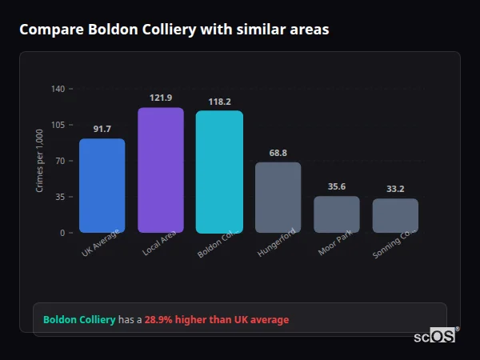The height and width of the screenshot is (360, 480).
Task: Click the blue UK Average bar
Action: pos(102,186)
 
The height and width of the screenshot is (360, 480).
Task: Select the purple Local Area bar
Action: pos(161,170)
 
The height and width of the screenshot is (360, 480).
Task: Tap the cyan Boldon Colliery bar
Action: pos(219,172)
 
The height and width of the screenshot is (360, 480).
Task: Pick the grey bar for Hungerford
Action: pos(278,198)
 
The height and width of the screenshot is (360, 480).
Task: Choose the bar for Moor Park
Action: pos(337,214)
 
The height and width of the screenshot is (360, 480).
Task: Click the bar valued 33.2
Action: pos(395,216)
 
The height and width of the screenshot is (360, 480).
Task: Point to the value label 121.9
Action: pos(161,98)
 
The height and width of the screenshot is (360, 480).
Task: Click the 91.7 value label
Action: pos(102,129)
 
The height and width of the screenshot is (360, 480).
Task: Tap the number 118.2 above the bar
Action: pos(219,102)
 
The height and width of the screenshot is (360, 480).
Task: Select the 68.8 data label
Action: pos(278,153)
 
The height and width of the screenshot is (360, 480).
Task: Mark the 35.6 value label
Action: pos(337,186)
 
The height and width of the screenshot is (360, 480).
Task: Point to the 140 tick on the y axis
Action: pos(58,89)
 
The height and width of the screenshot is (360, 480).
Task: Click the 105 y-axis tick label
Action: pos(58,125)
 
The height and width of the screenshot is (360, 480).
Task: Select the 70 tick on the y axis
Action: pos(60,161)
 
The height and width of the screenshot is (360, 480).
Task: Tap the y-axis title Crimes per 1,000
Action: pos(40,161)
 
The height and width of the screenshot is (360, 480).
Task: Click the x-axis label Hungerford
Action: pos(277,242)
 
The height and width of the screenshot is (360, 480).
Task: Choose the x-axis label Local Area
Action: pos(159,242)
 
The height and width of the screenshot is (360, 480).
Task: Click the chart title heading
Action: pos(174,30)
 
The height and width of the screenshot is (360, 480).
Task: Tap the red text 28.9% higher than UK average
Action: pos(216,320)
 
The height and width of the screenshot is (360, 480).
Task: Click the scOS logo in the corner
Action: pos(435,336)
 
